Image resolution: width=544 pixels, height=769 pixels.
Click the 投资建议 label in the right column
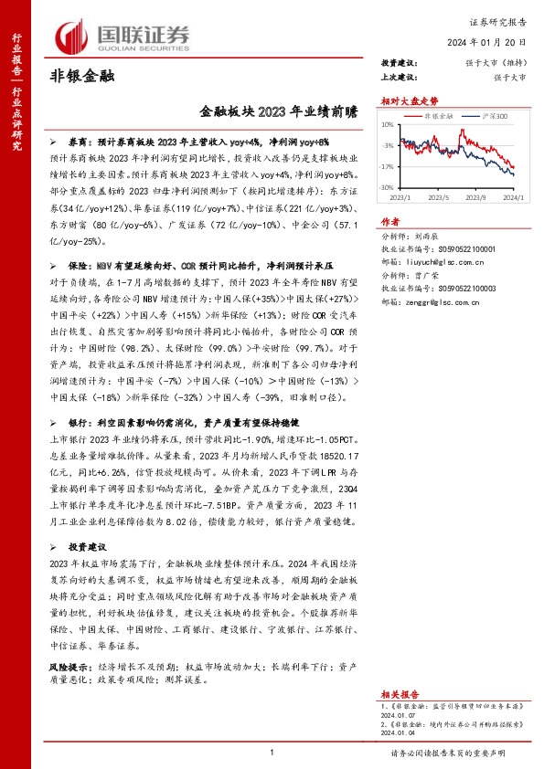(399, 62)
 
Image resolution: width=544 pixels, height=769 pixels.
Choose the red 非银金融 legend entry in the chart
(435, 117)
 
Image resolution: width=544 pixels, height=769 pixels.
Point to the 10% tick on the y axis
(389, 123)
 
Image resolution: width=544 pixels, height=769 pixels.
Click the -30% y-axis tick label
(389, 187)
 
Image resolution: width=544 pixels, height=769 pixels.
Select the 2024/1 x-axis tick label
(513, 196)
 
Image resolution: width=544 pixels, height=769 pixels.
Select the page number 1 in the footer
(272, 751)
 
